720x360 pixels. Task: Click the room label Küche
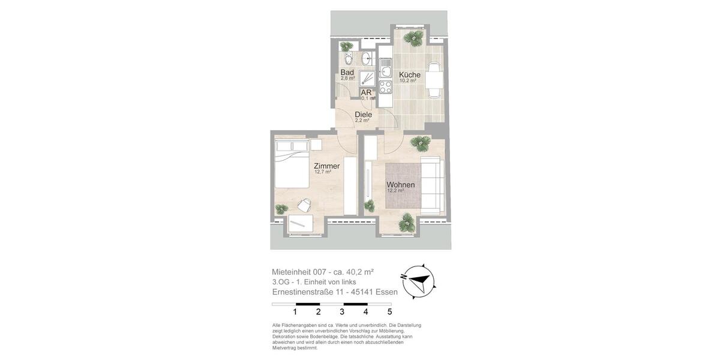pyautogui.click(x=410, y=75)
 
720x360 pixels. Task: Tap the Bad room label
pyautogui.click(x=347, y=73)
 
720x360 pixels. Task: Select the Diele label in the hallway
pyautogui.click(x=363, y=115)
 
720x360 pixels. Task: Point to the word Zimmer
pyautogui.click(x=326, y=166)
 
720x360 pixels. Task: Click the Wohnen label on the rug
pyautogui.click(x=401, y=185)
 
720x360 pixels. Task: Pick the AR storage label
pyautogui.click(x=365, y=93)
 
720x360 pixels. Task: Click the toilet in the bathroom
pyautogui.click(x=348, y=59)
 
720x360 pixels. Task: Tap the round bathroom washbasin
pyautogui.click(x=366, y=59)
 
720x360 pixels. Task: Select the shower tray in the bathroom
pyautogui.click(x=367, y=79)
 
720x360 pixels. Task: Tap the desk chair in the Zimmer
pyautogui.click(x=304, y=205)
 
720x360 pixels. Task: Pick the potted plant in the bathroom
pyautogui.click(x=346, y=47)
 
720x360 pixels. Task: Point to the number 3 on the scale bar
pyautogui.click(x=342, y=311)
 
